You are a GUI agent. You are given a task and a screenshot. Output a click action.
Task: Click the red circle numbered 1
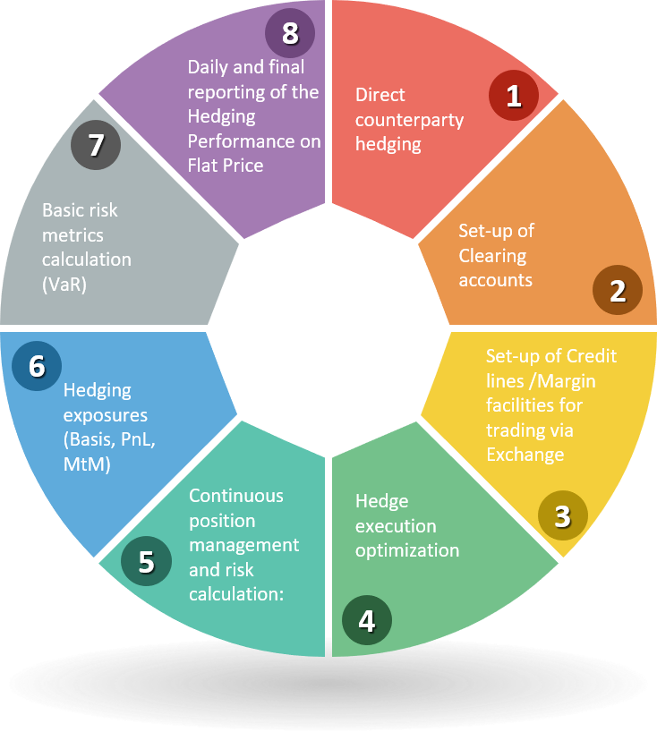(514, 96)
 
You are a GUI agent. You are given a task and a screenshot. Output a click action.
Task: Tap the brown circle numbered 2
(618, 292)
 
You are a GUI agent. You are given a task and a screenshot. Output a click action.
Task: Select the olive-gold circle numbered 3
(562, 515)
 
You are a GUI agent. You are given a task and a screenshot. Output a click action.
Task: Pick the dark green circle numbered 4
(366, 620)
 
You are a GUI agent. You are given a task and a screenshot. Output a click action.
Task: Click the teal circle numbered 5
(146, 561)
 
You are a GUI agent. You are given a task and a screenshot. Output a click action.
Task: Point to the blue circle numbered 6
(38, 368)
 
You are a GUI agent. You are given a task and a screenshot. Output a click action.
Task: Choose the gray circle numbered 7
(96, 145)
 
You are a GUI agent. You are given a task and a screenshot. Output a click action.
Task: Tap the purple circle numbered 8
(289, 33)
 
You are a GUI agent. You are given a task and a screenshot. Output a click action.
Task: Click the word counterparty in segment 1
(409, 119)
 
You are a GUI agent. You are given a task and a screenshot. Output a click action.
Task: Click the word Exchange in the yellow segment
(525, 454)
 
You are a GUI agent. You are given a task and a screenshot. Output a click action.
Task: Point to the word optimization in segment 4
(407, 549)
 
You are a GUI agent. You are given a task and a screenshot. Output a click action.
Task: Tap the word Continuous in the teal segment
(236, 496)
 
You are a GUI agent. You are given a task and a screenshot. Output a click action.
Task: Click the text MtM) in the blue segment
(88, 464)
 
